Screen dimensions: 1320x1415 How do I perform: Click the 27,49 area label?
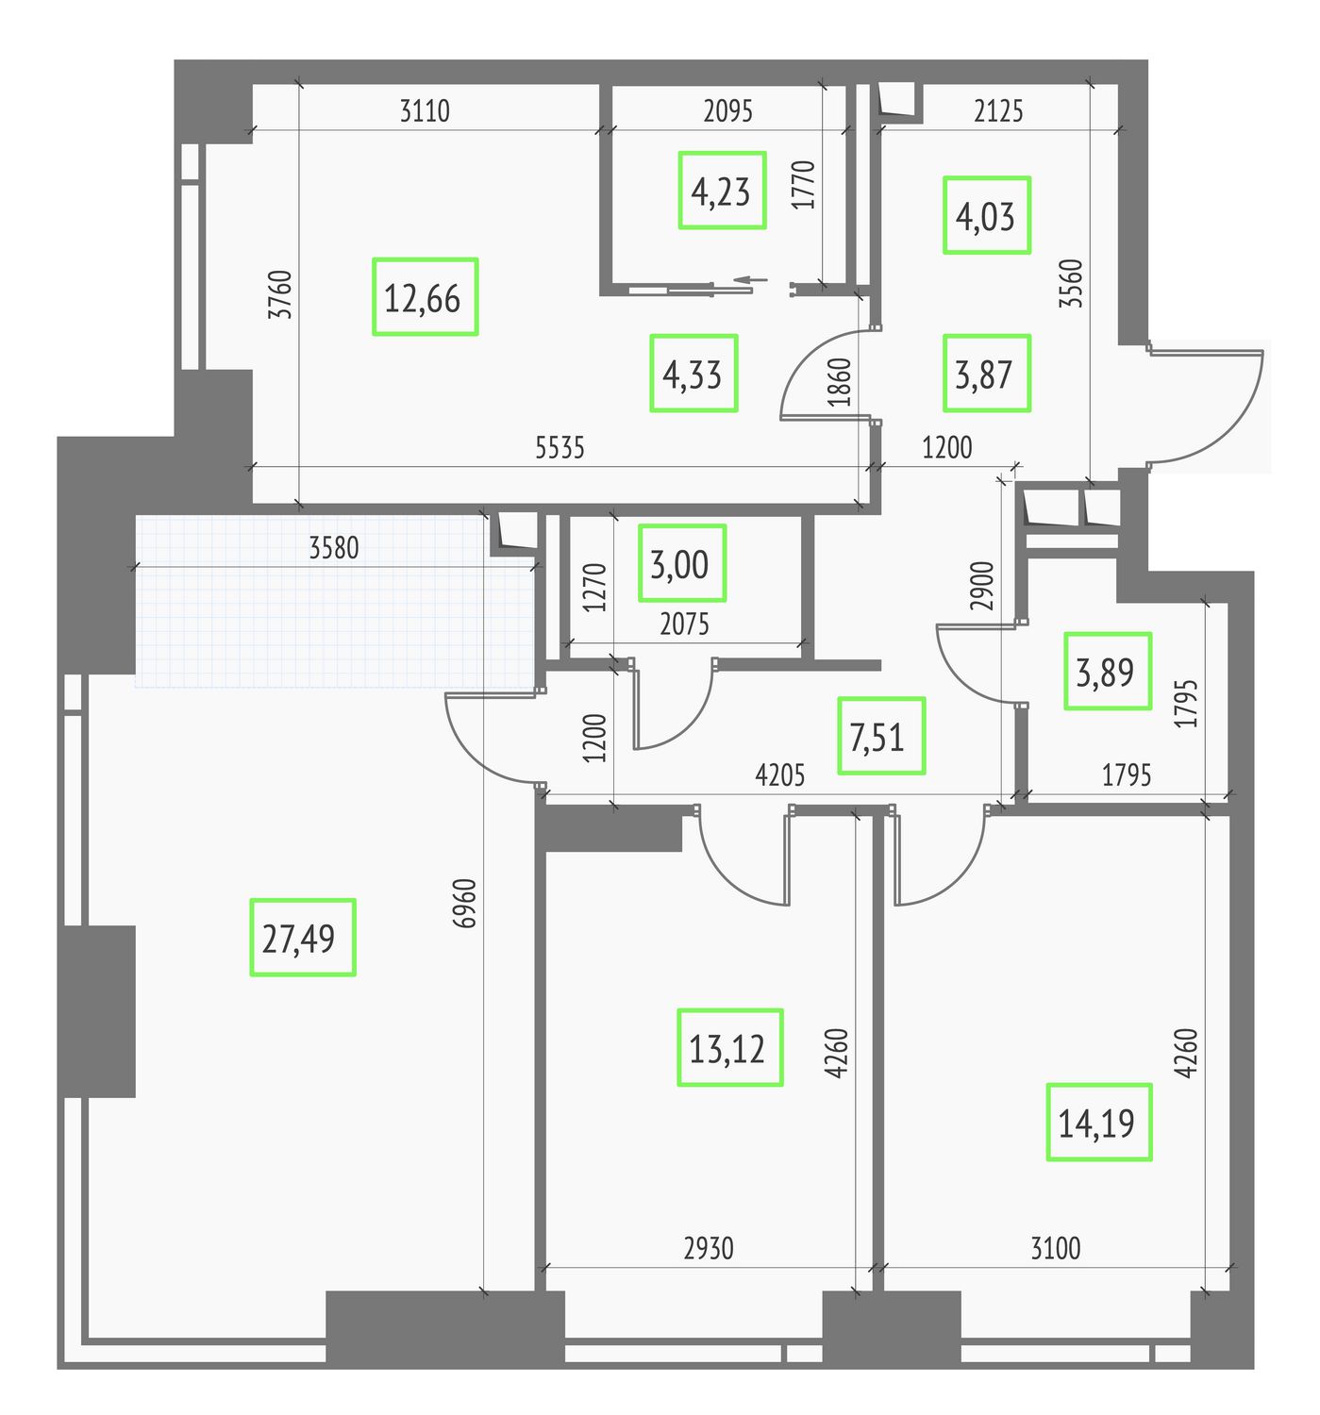coord(302,937)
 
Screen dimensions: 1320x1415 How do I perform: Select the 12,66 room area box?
coord(425,296)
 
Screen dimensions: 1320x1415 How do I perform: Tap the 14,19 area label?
coord(1098,1123)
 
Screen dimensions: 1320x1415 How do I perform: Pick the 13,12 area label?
coord(730,1047)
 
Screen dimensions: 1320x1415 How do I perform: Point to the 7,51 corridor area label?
coord(881,736)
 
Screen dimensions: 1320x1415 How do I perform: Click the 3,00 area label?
coord(682,563)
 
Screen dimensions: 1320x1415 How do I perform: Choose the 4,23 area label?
coord(722,191)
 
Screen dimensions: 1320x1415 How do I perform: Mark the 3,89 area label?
coord(1108,671)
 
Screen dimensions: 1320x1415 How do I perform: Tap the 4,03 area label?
coord(986,215)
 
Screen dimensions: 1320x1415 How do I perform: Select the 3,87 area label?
coord(986,374)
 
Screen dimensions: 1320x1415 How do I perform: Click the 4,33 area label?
coord(693,374)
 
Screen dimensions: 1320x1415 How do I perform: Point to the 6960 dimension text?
coord(464,904)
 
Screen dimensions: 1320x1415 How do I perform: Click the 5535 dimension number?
coord(560,448)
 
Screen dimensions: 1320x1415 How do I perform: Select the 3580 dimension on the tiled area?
coord(334,548)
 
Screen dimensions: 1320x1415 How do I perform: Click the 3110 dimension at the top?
coord(425,111)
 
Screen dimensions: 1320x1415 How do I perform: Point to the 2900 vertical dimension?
coord(981,586)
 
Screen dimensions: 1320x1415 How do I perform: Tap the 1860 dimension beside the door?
coord(840,382)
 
